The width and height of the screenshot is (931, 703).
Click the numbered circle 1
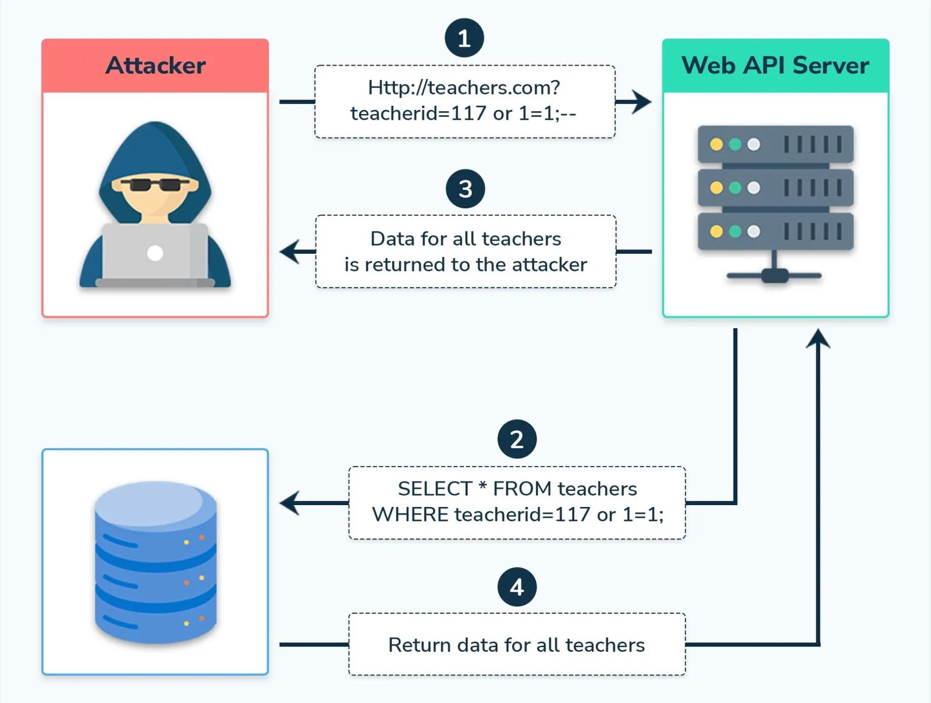click(464, 38)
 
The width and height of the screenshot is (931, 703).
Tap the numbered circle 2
click(517, 439)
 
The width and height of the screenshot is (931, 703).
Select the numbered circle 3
click(465, 189)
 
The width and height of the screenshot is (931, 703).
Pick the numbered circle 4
click(517, 587)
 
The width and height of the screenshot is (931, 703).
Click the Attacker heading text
click(155, 65)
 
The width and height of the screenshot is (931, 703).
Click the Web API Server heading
click(775, 65)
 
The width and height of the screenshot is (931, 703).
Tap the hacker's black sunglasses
click(155, 185)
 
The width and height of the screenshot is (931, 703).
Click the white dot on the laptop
click(155, 253)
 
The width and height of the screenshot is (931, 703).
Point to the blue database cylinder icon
click(155, 562)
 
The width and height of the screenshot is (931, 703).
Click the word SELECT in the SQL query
click(434, 489)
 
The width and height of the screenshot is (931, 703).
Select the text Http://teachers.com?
click(464, 87)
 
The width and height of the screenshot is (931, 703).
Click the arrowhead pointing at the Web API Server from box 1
click(643, 102)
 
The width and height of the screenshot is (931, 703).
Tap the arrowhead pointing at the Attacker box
click(289, 252)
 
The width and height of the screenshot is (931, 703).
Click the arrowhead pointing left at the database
click(289, 503)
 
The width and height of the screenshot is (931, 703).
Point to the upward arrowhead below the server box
click(818, 338)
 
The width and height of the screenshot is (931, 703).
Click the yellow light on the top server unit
click(716, 144)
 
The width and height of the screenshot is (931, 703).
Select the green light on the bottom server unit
click(735, 232)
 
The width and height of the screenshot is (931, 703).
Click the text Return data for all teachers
click(516, 645)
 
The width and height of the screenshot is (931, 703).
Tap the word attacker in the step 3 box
click(550, 265)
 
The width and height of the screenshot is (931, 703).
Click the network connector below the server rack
click(774, 275)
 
